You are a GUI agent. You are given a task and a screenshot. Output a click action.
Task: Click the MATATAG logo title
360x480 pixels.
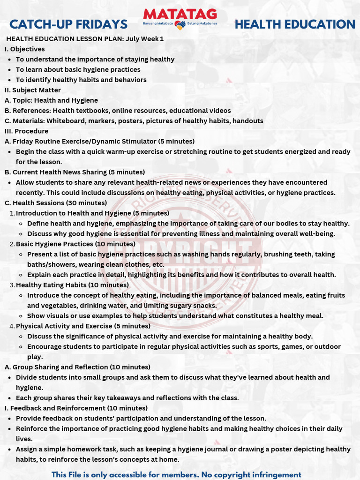pos(180,14)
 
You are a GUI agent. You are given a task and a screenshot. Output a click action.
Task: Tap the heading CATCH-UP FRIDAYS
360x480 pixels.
pos(68,24)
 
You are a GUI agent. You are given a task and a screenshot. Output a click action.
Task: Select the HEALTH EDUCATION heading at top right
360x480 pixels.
pos(295,24)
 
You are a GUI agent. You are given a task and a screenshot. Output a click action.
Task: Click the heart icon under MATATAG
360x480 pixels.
pos(180,25)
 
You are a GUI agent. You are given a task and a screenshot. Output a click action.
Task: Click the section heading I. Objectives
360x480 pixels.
pos(25,49)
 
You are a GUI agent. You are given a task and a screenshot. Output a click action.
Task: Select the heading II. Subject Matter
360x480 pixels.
pos(33,90)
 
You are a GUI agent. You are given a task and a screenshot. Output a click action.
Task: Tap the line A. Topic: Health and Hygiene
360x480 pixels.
pos(51,100)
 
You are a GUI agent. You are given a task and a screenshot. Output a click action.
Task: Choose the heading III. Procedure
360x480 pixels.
pos(26,131)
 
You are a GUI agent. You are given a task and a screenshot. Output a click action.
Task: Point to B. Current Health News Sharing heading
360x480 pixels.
pos(75,172)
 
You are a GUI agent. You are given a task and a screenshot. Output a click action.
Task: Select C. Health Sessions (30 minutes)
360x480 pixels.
pos(56,203)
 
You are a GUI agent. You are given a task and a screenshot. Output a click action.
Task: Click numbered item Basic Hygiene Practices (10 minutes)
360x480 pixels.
pos(75,244)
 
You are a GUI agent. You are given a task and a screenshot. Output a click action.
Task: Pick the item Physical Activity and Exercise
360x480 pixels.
pos(83,326)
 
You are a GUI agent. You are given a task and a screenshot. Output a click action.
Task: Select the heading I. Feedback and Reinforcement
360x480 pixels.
pos(76,408)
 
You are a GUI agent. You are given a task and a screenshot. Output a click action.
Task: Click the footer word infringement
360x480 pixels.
pos(274,475)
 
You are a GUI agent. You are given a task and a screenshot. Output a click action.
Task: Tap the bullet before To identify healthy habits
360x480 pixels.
pos(10,80)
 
